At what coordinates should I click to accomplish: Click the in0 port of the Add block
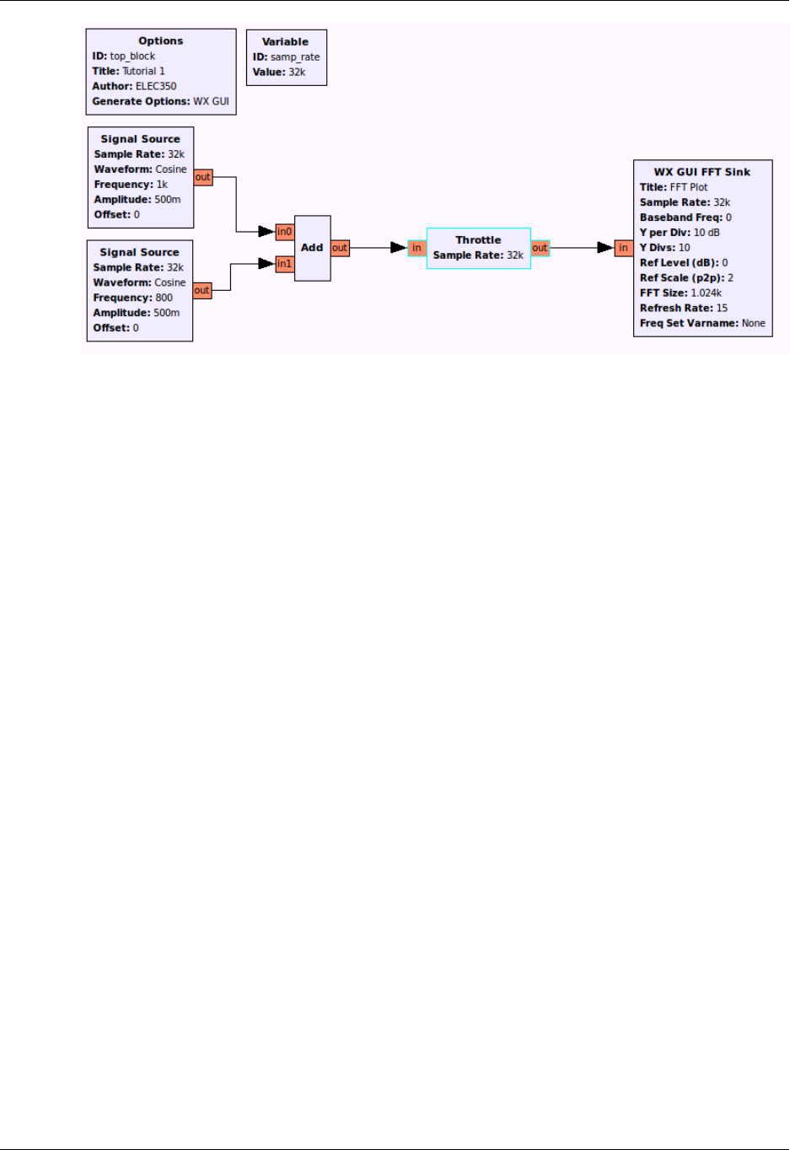click(285, 232)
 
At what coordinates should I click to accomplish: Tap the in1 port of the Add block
click(285, 264)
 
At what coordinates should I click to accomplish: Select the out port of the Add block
click(340, 248)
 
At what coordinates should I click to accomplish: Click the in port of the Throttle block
click(416, 248)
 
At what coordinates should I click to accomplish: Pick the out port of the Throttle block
click(540, 248)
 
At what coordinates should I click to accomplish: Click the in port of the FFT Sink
click(623, 248)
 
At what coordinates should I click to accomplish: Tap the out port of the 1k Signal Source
click(203, 177)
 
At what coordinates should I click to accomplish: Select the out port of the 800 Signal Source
click(202, 290)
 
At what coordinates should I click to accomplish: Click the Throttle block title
click(478, 240)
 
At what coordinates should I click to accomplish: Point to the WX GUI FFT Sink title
click(701, 172)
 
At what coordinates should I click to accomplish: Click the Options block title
click(160, 40)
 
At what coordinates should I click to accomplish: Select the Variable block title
click(285, 41)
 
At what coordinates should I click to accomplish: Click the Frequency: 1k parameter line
click(131, 185)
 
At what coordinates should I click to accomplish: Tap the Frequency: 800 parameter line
click(133, 298)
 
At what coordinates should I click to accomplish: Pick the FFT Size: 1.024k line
click(680, 293)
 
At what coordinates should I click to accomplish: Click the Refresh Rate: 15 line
click(683, 309)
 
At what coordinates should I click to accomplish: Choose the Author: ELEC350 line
click(134, 86)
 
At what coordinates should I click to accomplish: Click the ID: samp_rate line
click(286, 57)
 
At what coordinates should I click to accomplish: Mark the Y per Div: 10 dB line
click(680, 233)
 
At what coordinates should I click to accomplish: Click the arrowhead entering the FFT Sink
click(605, 248)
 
